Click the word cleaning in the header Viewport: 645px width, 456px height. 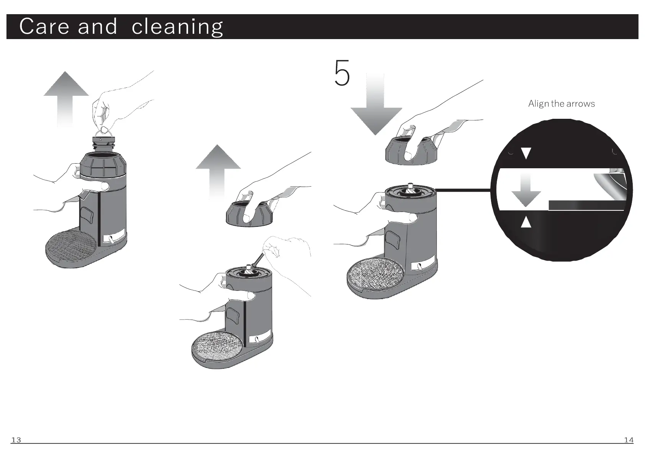coord(177,27)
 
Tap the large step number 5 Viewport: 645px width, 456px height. coord(342,73)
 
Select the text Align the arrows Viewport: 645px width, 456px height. coord(561,104)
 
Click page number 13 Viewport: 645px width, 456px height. coord(16,440)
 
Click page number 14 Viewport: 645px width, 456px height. coord(629,440)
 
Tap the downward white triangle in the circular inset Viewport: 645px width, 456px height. coord(526,153)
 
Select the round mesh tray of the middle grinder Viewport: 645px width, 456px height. coord(217,346)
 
